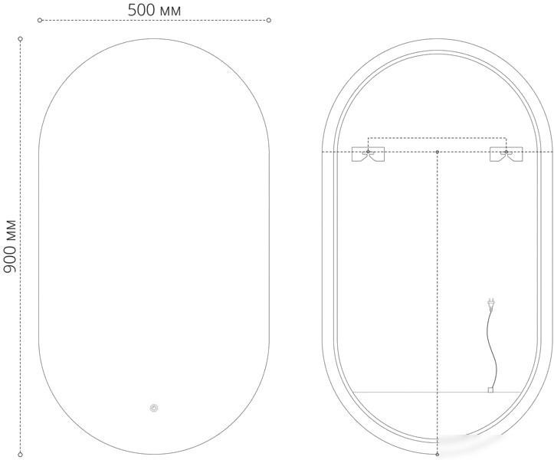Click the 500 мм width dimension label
[x=154, y=10]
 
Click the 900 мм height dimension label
[x=10, y=246]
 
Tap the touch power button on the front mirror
[x=154, y=408]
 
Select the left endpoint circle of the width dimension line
[x=40, y=20]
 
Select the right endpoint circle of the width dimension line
[x=269, y=20]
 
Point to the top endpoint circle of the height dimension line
[x=21, y=38]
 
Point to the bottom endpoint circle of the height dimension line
[x=21, y=455]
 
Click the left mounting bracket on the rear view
[x=368, y=154]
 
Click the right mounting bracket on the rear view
[x=506, y=154]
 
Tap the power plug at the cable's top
[x=490, y=304]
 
